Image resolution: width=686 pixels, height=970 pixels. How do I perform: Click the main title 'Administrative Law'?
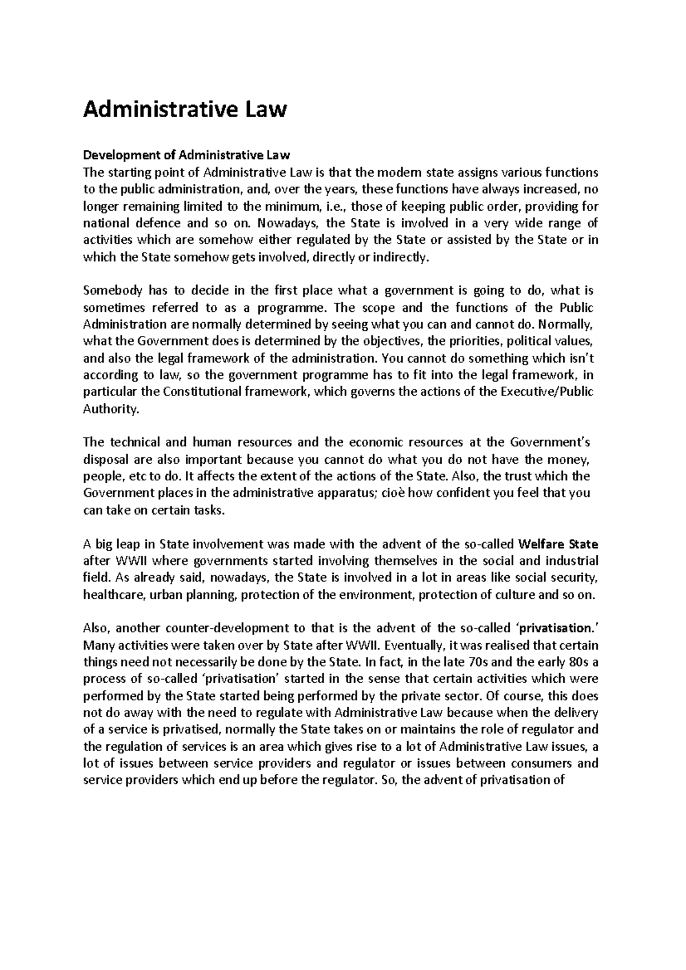click(x=185, y=109)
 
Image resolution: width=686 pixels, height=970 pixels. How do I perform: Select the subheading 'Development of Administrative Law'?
click(x=187, y=155)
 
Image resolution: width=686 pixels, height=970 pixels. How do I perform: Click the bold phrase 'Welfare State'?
click(x=561, y=543)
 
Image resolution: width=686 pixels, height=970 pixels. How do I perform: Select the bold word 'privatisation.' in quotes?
click(x=555, y=628)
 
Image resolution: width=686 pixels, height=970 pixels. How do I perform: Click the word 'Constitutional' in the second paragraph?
click(x=202, y=392)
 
